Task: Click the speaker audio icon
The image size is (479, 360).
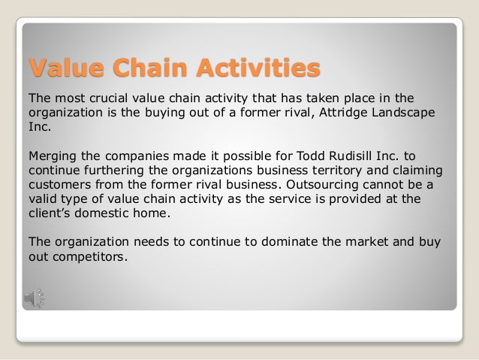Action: tap(35, 296)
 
